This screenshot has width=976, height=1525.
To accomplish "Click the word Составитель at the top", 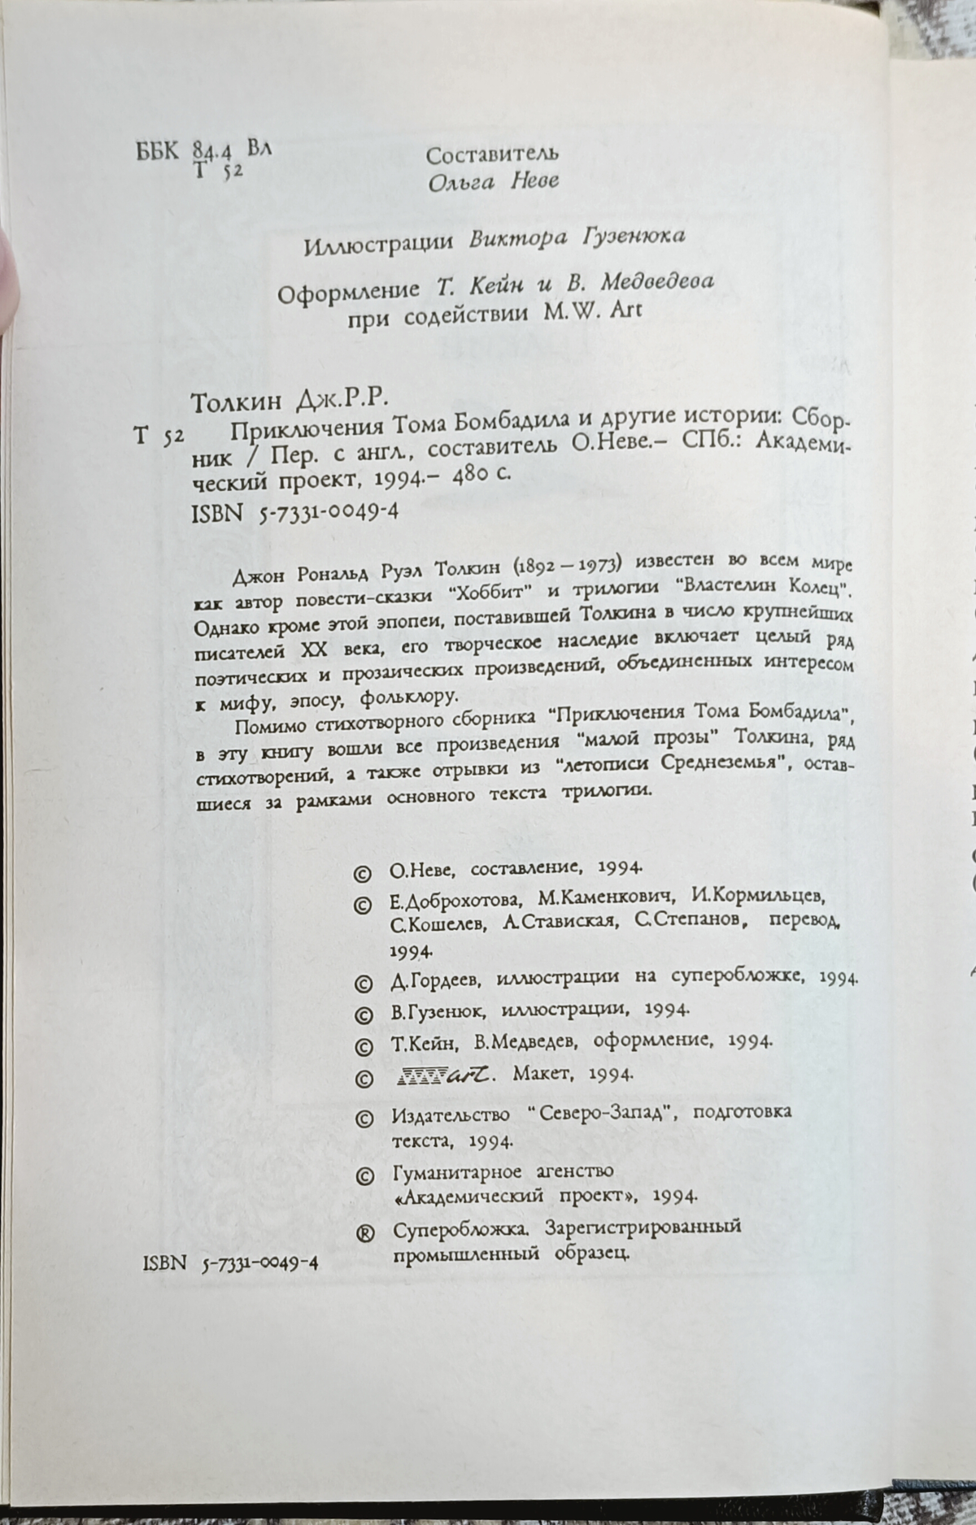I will tap(492, 153).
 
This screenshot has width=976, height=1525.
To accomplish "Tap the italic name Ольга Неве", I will tap(493, 180).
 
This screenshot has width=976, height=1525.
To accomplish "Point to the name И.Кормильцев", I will tap(757, 897).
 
